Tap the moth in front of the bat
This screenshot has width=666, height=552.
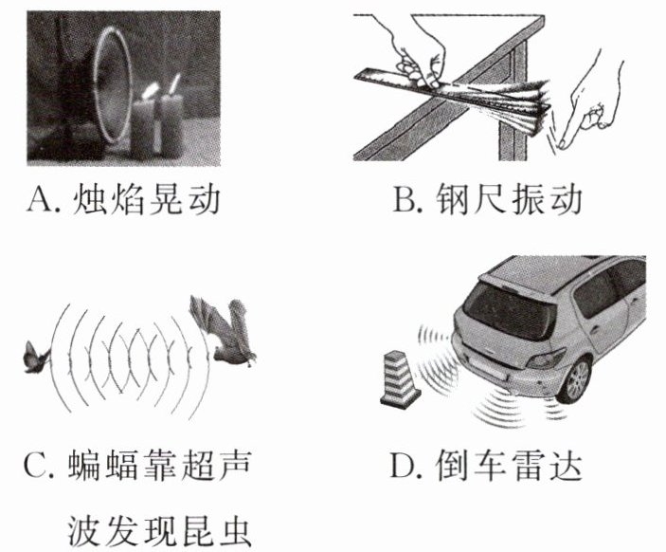tap(37, 358)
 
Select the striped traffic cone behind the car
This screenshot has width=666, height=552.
tap(400, 379)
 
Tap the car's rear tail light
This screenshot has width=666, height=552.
tap(546, 359)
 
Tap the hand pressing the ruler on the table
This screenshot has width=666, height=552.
tap(419, 53)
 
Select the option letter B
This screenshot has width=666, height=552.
tap(403, 200)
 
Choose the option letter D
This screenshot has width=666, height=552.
tap(401, 465)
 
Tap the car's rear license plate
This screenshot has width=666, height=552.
tap(489, 370)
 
